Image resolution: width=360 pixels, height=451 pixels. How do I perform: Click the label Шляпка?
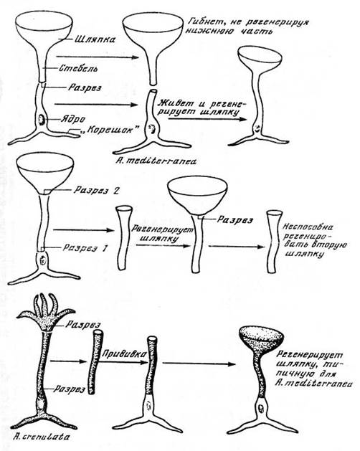pos(95,39)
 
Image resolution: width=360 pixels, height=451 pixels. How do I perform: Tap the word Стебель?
pos(78,68)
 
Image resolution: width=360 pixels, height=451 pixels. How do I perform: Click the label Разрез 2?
pos(96,190)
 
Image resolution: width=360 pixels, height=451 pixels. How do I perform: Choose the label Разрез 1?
pos(85,248)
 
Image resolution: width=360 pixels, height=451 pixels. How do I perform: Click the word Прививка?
pos(123,353)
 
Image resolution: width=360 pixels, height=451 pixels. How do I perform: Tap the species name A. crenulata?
pos(42,437)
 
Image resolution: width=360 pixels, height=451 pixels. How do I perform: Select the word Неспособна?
pos(308,227)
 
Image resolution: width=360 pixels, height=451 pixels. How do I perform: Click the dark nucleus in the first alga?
pos(41,120)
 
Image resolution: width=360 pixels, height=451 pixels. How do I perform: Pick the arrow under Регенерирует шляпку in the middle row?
pos(163,246)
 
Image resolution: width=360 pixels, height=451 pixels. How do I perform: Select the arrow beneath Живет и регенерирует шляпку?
pos(207,119)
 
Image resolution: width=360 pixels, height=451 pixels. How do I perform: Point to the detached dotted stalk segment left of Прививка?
pos(95,362)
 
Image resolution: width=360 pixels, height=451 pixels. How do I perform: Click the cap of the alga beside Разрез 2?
pos(44,174)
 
